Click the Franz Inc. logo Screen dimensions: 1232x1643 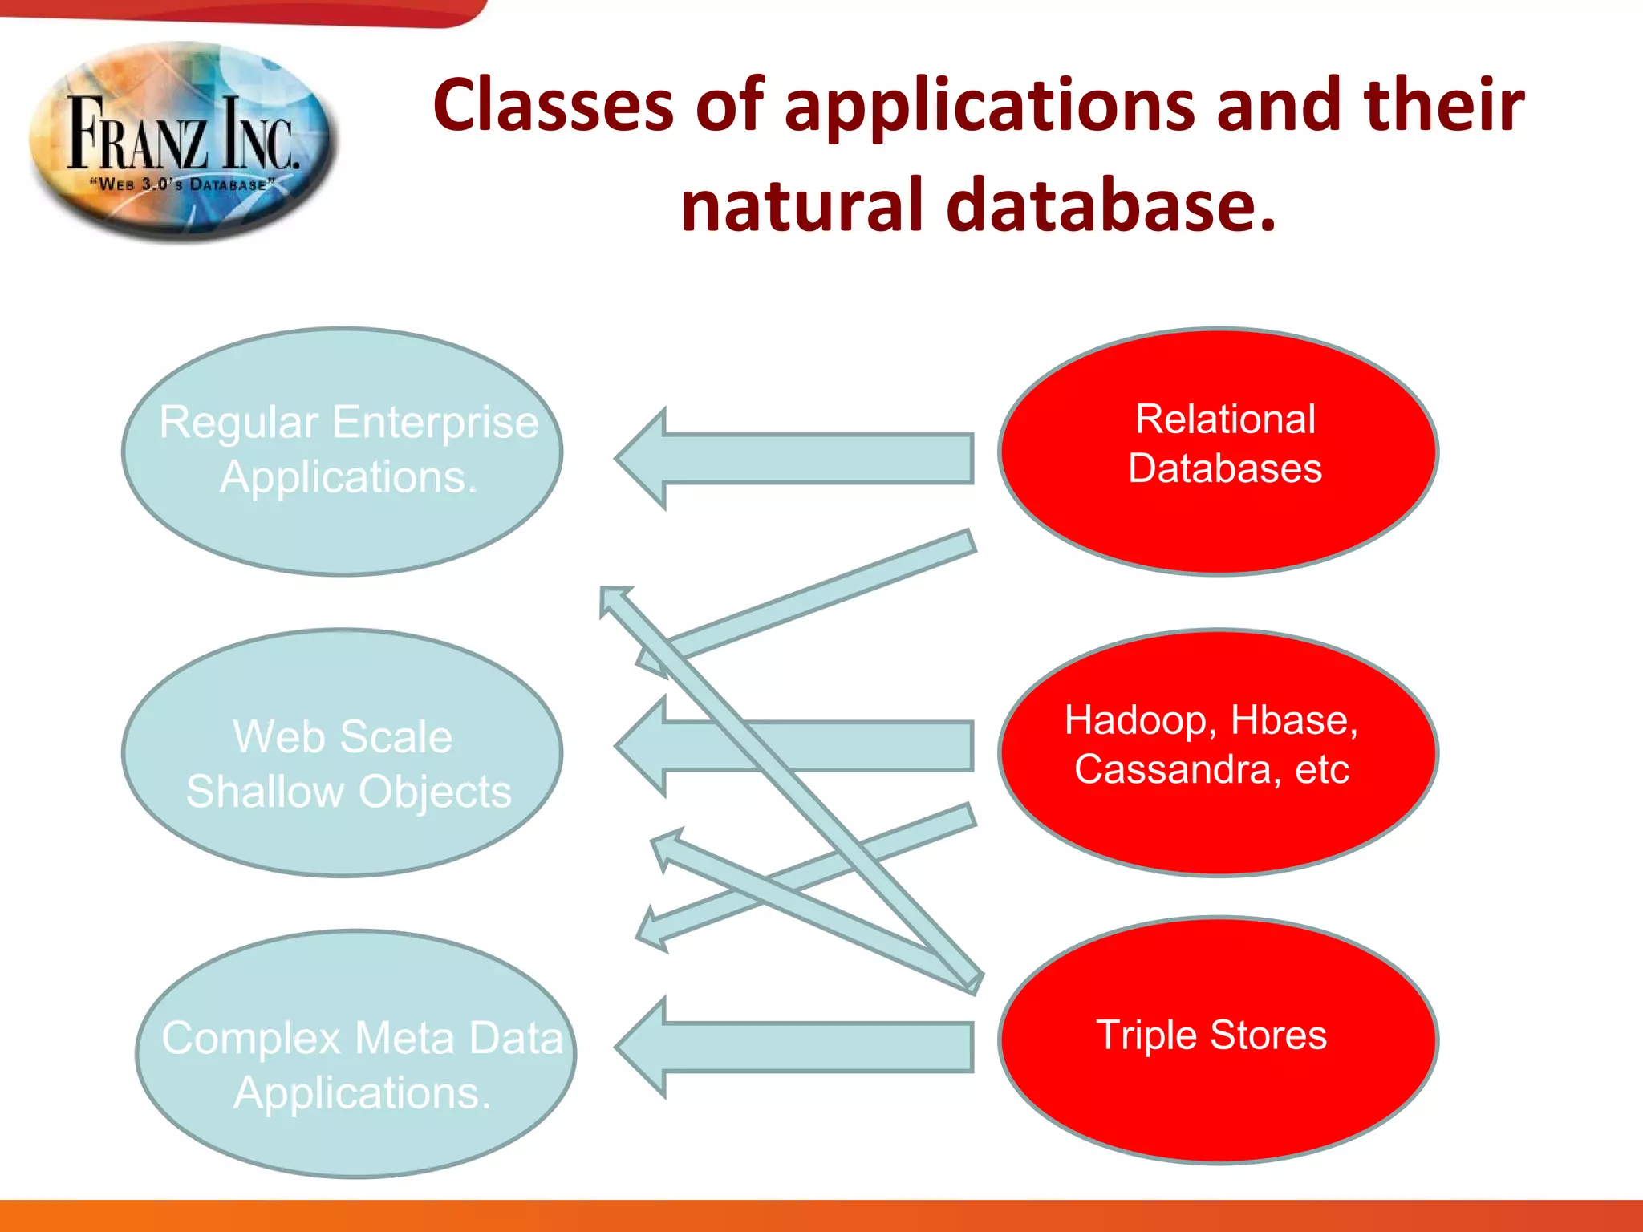(183, 140)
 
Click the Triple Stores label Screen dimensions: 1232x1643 (1211, 1035)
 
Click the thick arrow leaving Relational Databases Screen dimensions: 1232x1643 (802, 459)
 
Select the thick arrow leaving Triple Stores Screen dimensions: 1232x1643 (802, 1047)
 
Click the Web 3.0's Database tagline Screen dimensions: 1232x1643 (183, 184)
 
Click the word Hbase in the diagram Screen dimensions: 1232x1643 (1293, 720)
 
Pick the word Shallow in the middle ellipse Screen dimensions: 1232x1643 (265, 792)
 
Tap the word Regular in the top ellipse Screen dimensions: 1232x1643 (238, 422)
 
